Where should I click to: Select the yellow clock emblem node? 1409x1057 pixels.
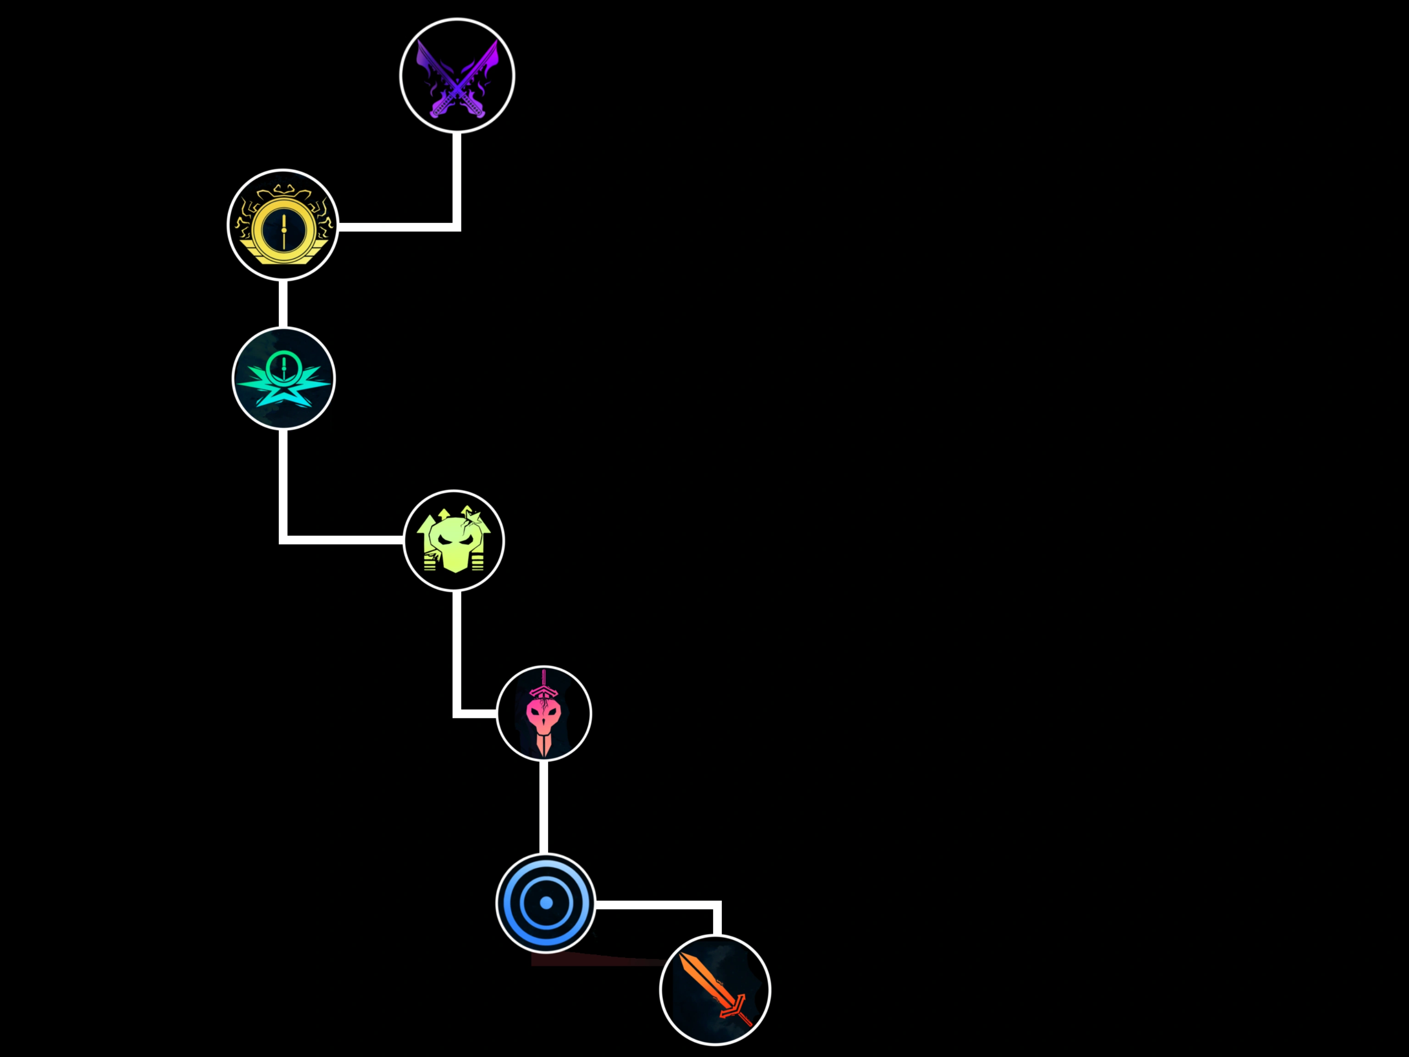(x=283, y=224)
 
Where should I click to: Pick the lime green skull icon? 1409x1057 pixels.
(x=454, y=541)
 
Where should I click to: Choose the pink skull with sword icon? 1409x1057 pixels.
(x=544, y=713)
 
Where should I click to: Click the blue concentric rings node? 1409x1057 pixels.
(x=546, y=903)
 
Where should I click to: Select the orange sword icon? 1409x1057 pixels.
(x=715, y=990)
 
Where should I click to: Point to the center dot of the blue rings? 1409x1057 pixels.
(x=546, y=903)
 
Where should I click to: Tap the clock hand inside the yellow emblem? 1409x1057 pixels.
(x=283, y=229)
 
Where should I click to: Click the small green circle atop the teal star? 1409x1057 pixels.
(x=283, y=367)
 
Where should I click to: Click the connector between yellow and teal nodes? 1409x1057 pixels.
(x=283, y=304)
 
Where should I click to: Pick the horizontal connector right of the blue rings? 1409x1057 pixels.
(x=656, y=905)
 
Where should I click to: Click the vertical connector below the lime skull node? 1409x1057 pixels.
(x=456, y=650)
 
